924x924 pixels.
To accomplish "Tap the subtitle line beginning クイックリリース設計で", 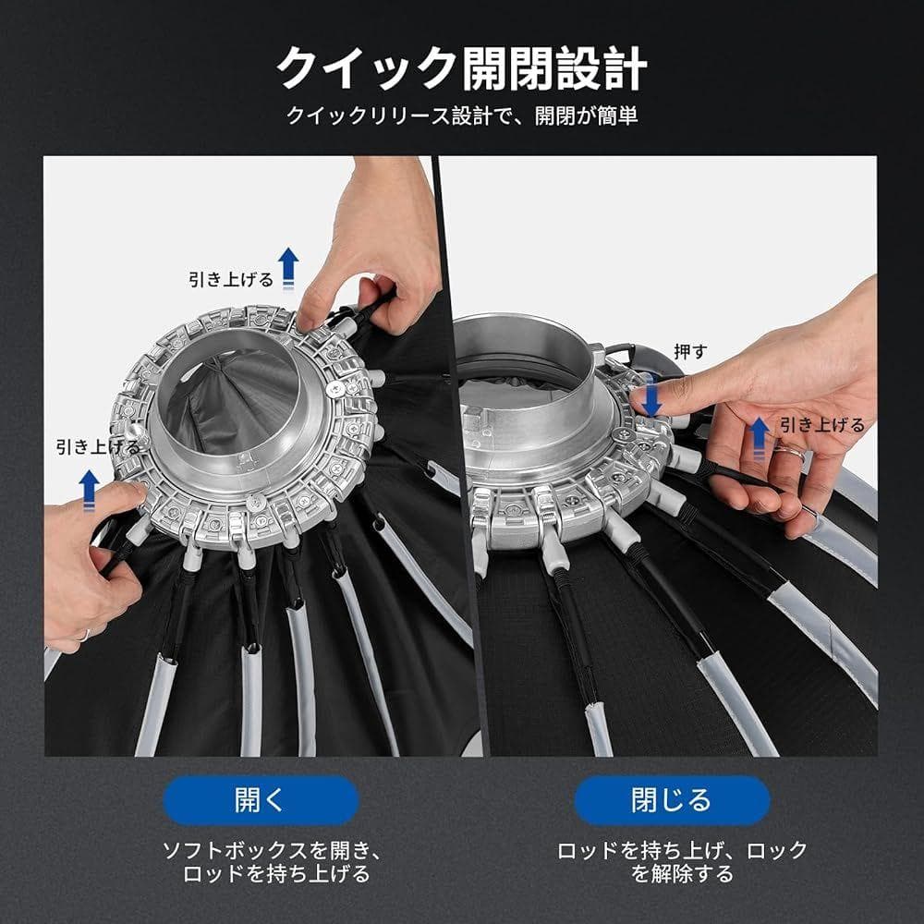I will click(462, 115).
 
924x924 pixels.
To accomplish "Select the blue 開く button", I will click(260, 800).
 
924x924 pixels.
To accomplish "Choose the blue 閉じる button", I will click(672, 800).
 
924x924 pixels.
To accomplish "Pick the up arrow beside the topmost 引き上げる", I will click(288, 264).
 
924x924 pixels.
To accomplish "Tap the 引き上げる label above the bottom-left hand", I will click(98, 447).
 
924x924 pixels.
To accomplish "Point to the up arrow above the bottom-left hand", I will click(89, 489).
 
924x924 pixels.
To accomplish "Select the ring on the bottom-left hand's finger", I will click(84, 635).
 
